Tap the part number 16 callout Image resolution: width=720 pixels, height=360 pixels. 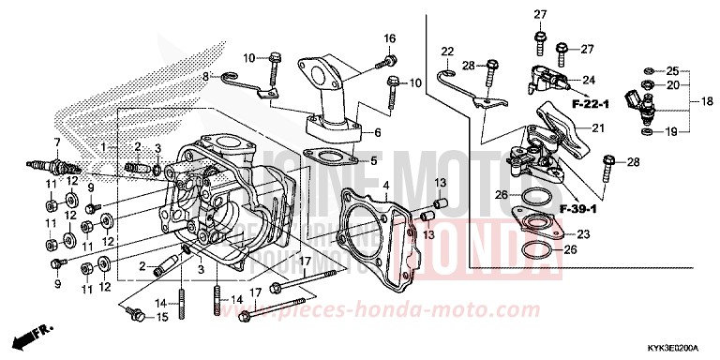(x=390, y=38)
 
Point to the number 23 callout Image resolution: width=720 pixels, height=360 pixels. (x=609, y=234)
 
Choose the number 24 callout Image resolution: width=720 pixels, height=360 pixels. (x=591, y=80)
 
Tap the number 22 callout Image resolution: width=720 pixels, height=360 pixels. (x=447, y=52)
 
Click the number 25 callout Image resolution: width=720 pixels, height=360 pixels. (x=672, y=71)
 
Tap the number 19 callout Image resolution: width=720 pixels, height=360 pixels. (x=672, y=132)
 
